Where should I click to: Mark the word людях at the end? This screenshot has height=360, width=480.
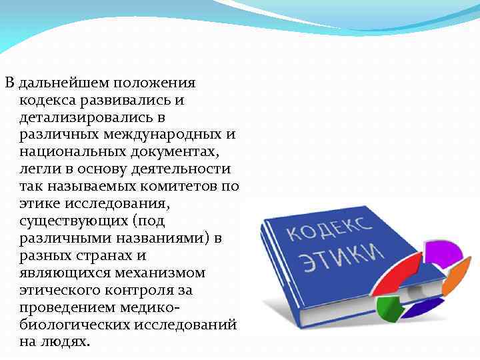[69, 342]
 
